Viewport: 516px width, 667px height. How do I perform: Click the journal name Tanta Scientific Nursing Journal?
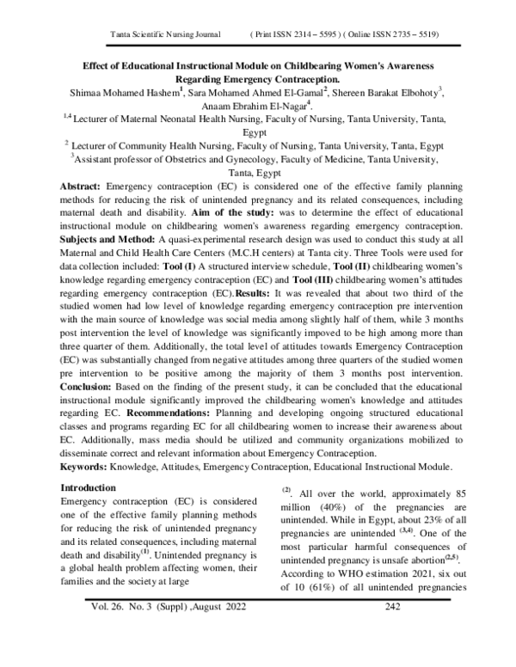162,34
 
